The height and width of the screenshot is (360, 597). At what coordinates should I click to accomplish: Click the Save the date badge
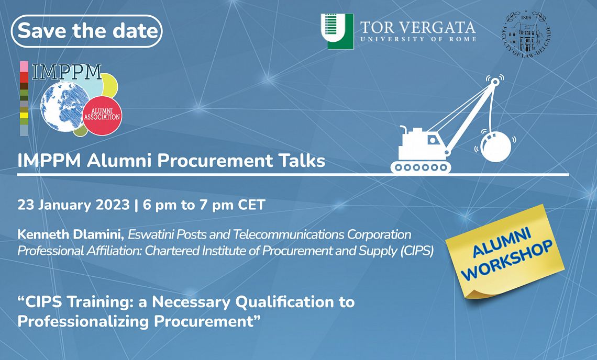(x=87, y=31)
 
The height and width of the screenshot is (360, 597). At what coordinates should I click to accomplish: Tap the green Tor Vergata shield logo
(x=337, y=31)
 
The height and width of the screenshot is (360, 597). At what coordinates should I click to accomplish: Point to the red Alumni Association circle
(x=102, y=116)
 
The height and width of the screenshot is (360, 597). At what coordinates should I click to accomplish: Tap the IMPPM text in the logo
(x=67, y=72)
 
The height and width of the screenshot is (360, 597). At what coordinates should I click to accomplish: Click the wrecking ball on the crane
(x=496, y=147)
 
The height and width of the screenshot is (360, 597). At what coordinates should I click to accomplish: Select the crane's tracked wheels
(x=421, y=167)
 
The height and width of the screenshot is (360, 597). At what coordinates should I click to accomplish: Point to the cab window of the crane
(x=432, y=140)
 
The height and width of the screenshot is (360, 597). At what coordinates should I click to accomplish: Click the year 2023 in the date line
(x=113, y=205)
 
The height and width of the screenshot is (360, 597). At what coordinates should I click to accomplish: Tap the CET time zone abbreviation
(x=251, y=205)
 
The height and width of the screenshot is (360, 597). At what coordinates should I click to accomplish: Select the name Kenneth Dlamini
(x=71, y=234)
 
